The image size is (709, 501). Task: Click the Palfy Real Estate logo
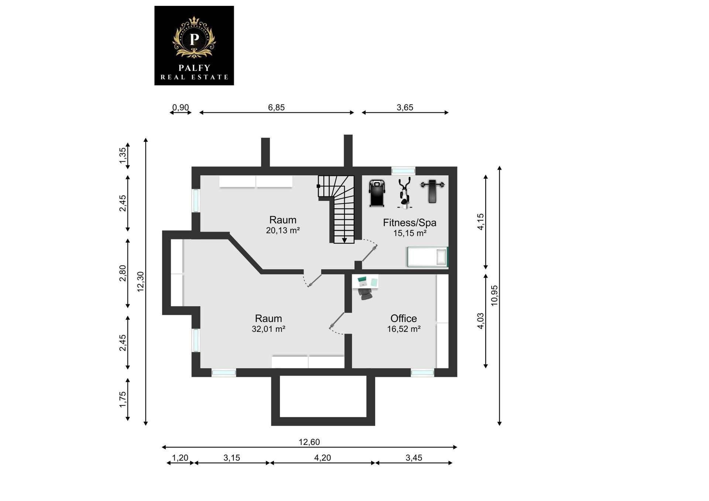[194, 45]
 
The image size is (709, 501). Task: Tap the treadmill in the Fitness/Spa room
[377, 193]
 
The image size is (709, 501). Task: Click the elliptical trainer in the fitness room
[404, 193]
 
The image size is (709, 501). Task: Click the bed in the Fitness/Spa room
[428, 257]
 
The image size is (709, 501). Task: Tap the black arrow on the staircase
[344, 240]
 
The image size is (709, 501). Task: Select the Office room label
[404, 318]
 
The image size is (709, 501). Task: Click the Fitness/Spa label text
[410, 223]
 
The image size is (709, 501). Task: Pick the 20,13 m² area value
[282, 230]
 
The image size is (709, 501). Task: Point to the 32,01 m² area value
[268, 329]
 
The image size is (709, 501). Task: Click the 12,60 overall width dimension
[309, 442]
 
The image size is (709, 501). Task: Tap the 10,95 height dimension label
[494, 296]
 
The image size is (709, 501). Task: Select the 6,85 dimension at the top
[276, 107]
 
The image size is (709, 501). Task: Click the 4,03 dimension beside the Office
[480, 321]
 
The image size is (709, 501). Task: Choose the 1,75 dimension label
[123, 399]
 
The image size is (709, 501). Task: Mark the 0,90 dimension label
[181, 107]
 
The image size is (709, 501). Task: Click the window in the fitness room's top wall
[403, 171]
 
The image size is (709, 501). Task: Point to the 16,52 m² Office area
[404, 329]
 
